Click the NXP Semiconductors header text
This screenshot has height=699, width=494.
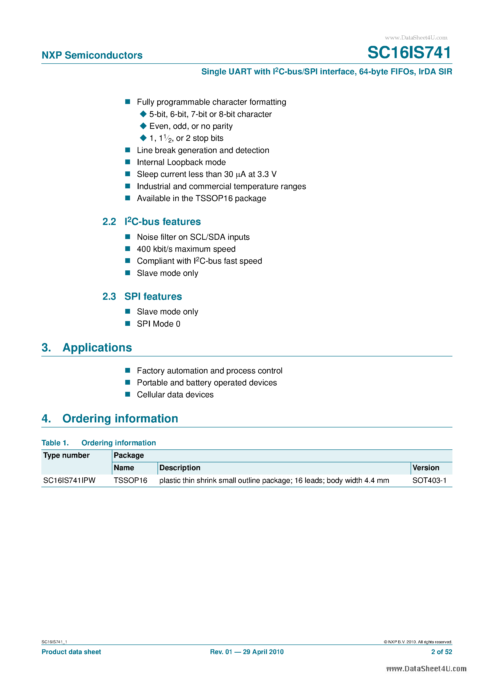pos(92,55)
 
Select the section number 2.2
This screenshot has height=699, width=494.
pos(109,222)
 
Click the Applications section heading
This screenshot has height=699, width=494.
pos(97,347)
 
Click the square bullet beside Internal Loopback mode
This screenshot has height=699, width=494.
pos(128,162)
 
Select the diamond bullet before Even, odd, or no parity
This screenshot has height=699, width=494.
pos(143,126)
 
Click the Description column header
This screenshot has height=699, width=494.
pos(179,468)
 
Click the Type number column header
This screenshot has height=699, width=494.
pos(66,455)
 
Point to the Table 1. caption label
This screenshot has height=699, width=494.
pos(55,443)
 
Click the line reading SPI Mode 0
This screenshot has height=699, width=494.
pos(158,324)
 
